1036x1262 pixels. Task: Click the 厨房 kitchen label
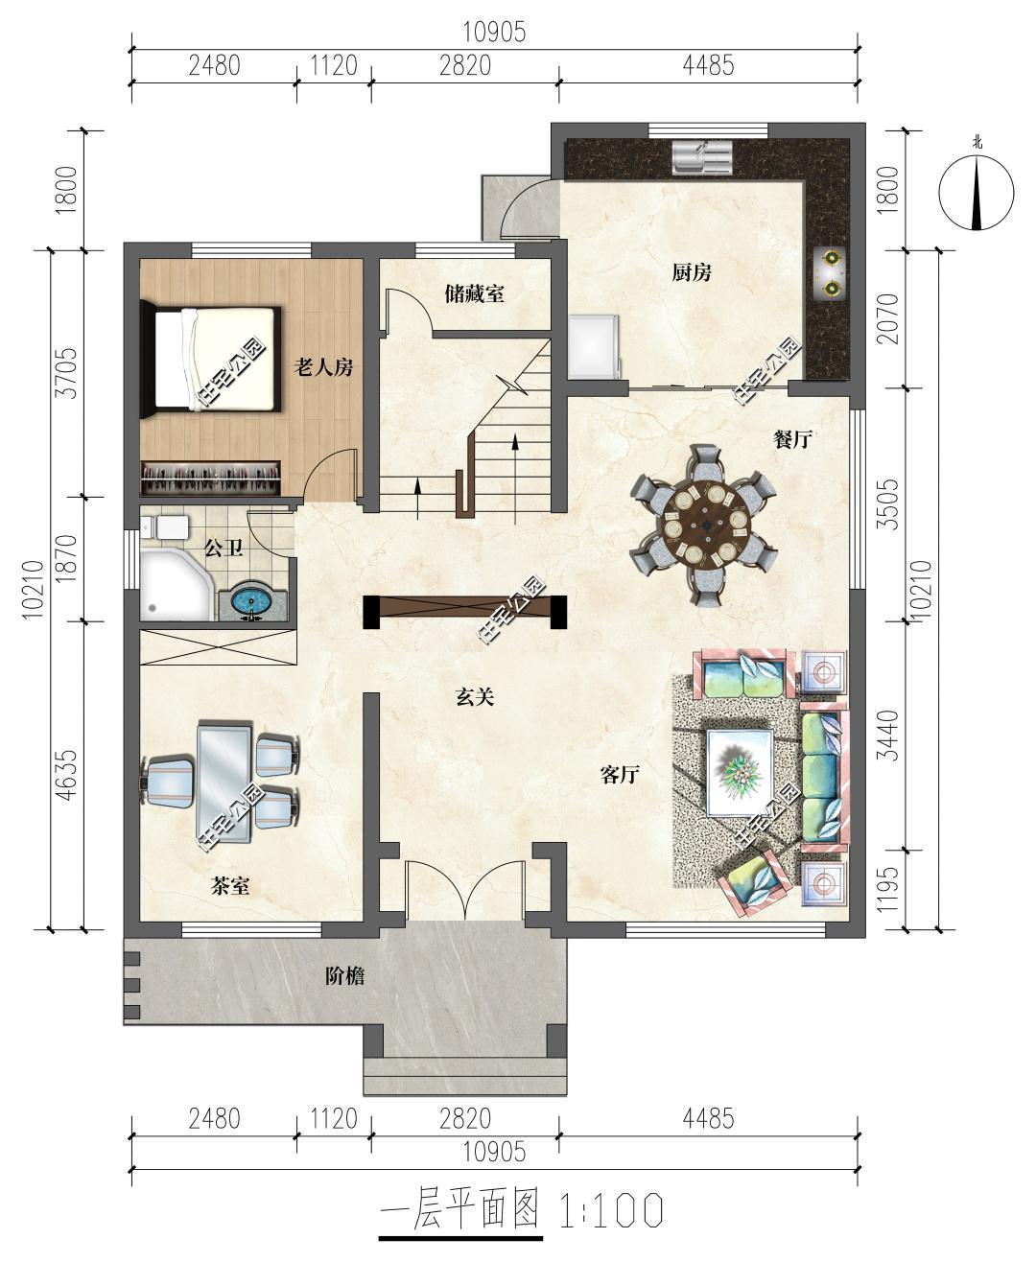[x=692, y=273]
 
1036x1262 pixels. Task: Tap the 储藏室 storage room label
[x=474, y=293]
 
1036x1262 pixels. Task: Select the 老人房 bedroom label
[x=323, y=367]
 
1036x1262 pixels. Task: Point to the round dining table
[x=706, y=526]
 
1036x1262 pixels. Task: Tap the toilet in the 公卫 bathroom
[x=165, y=527]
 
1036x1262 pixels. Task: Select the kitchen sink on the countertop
[x=701, y=156]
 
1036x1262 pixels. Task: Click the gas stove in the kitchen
[x=829, y=273]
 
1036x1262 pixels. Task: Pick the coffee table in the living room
[x=741, y=772]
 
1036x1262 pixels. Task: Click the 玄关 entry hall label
[x=475, y=696]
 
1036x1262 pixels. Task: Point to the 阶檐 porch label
[x=344, y=976]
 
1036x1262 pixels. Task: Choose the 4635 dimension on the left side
[x=68, y=775]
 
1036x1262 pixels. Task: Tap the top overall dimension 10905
[x=494, y=33]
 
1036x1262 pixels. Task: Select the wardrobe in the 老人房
[x=211, y=478]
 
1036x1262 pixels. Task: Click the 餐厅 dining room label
[x=791, y=440]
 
